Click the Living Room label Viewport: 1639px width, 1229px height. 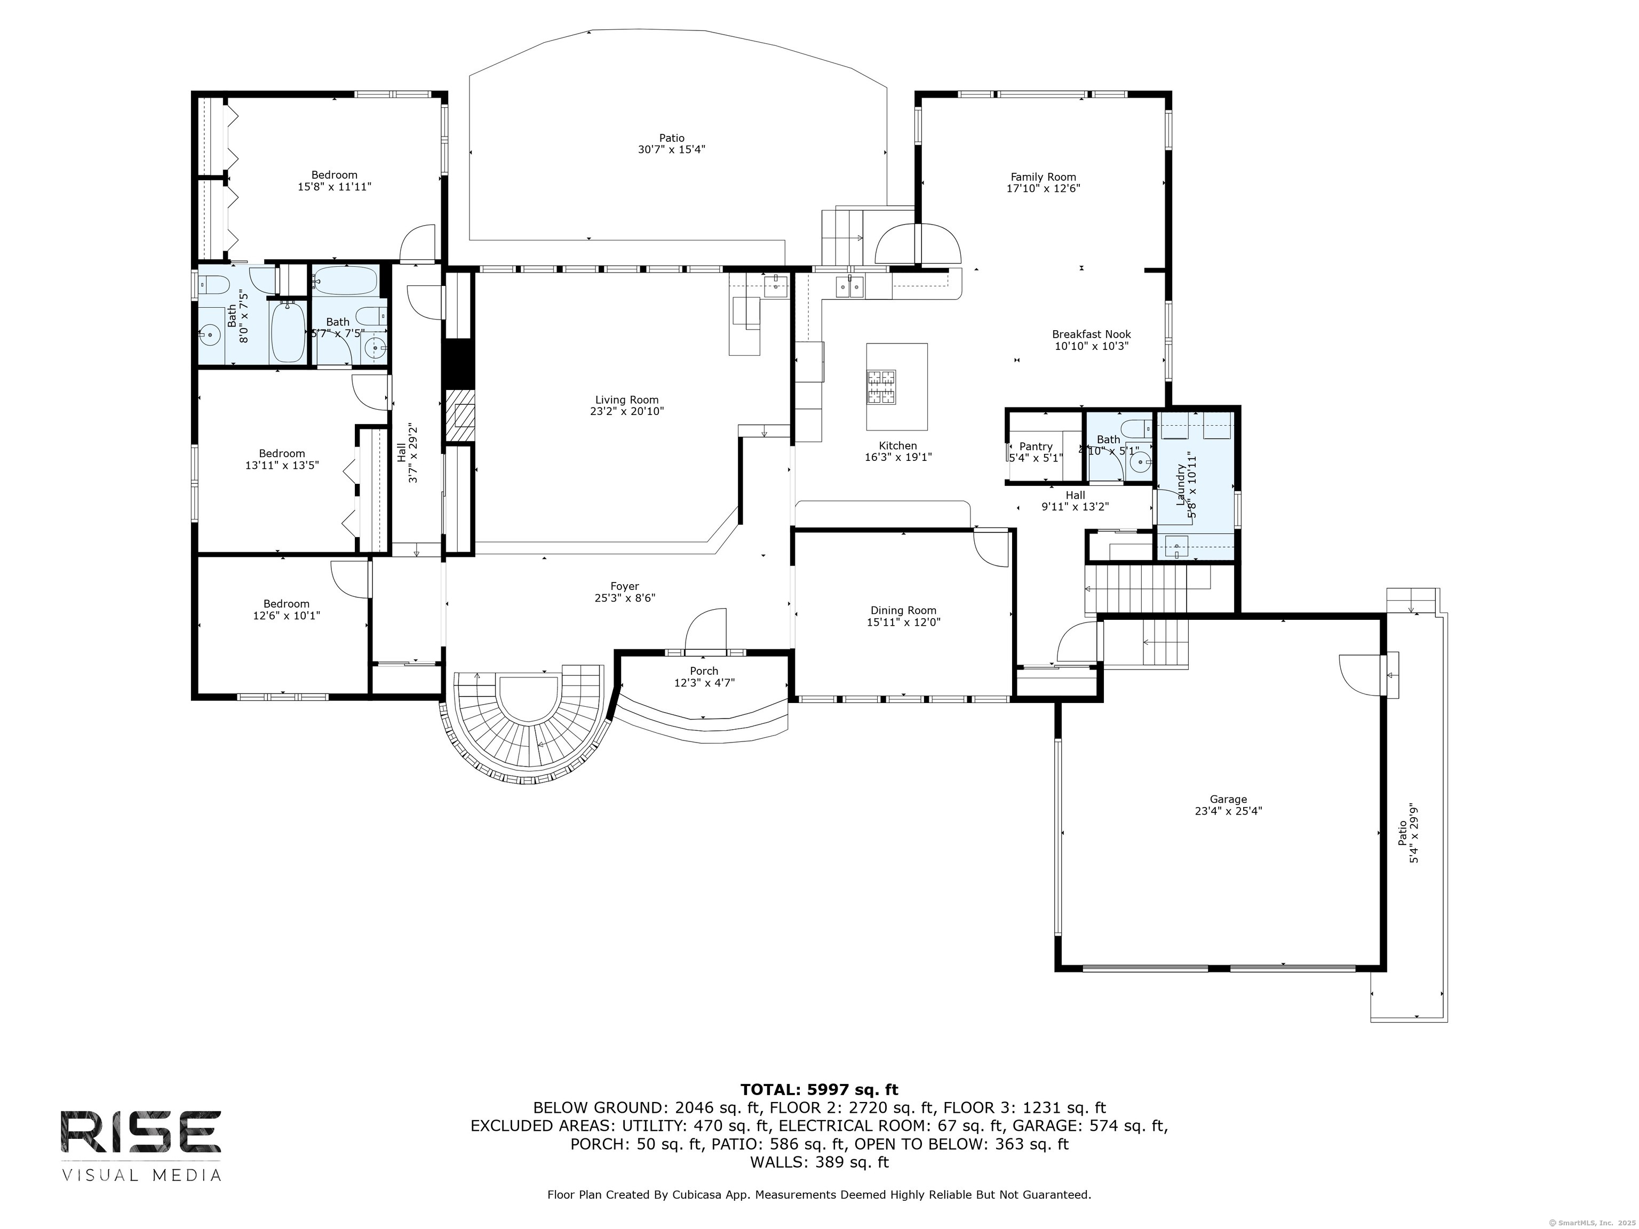[626, 400]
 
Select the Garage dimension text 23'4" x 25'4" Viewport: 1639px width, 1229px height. [1228, 810]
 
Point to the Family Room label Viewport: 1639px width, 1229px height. [1043, 177]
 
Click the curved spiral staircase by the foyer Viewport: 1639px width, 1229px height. [528, 733]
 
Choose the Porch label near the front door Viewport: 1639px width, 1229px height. [703, 671]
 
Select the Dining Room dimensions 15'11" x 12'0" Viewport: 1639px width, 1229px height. [903, 623]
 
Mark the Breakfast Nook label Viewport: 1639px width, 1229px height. [1091, 335]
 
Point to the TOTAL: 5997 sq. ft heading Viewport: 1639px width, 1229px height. [819, 1090]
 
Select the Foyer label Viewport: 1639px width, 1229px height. [625, 587]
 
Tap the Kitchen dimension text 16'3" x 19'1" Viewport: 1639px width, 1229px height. [897, 457]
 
